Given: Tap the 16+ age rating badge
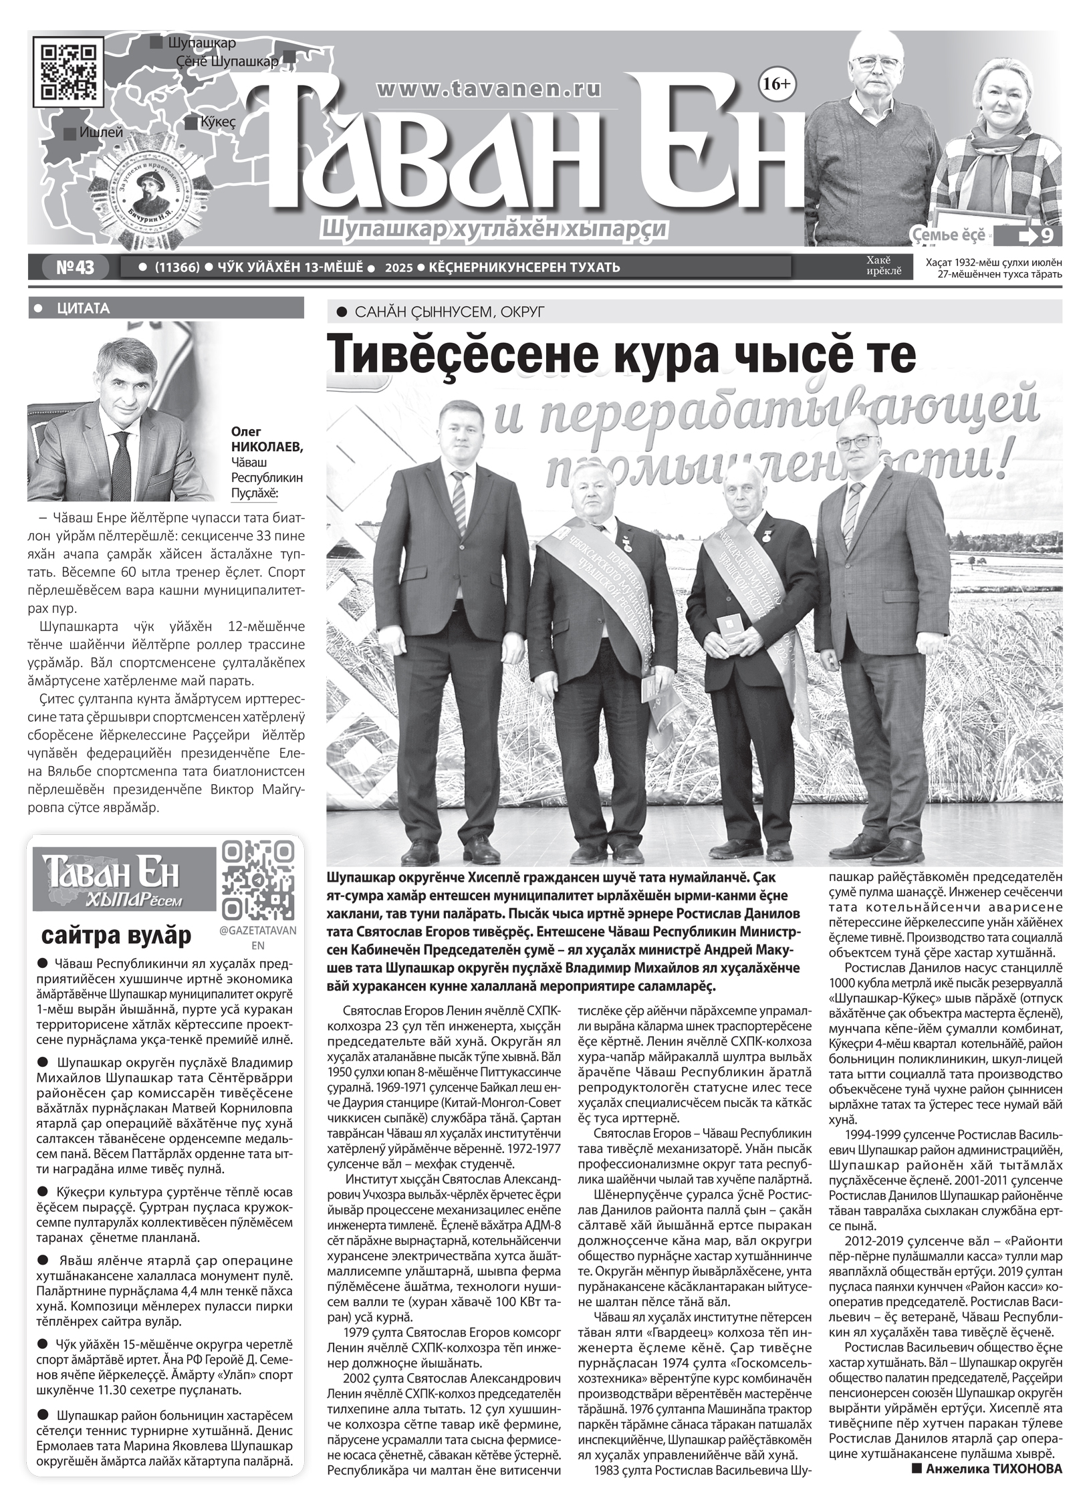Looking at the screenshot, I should tap(775, 84).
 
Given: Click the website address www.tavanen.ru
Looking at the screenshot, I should tap(489, 88).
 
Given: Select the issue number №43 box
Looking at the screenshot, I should tap(74, 267).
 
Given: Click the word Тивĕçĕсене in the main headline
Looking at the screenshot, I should tap(448, 354).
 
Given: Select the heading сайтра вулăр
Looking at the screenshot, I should tap(116, 935).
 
